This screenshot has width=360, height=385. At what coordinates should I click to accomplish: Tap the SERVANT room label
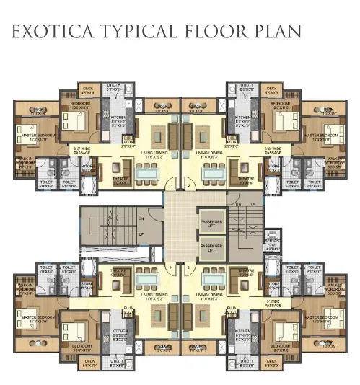[271, 243]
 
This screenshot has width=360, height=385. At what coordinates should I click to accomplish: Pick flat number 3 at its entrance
[188, 267]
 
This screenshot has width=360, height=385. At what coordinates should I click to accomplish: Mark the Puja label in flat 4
[128, 307]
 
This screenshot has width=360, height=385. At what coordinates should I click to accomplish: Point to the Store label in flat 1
[88, 167]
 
